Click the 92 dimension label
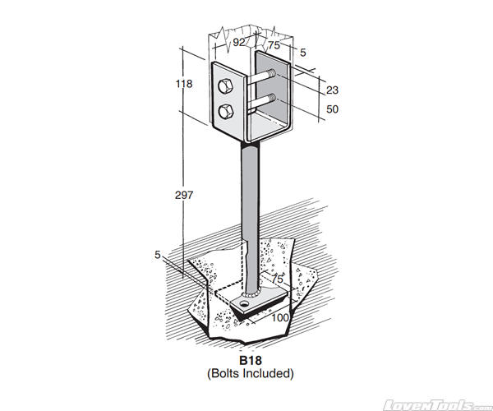[240, 41]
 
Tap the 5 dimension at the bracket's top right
[302, 53]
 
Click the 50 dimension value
[332, 109]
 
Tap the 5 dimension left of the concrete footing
[157, 255]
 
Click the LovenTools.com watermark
[440, 404]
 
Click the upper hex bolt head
[226, 85]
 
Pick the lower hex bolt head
[226, 109]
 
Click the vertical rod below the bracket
[248, 197]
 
